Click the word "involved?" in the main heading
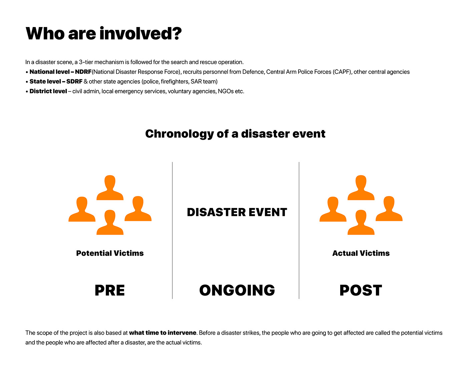pyautogui.click(x=140, y=34)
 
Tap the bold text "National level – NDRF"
pyautogui.click(x=60, y=72)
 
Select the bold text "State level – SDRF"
pyautogui.click(x=56, y=81)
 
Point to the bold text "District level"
pyautogui.click(x=48, y=91)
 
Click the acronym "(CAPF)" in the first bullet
pyautogui.click(x=342, y=72)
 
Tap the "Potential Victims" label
pyautogui.click(x=110, y=253)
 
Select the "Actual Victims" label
pyautogui.click(x=361, y=253)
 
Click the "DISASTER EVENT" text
pyautogui.click(x=237, y=212)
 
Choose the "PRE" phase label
pyautogui.click(x=110, y=290)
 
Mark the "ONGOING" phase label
pyautogui.click(x=237, y=290)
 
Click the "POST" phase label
pyautogui.click(x=361, y=290)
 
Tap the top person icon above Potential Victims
pyautogui.click(x=110, y=189)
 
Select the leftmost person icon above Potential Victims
pyautogui.click(x=82, y=210)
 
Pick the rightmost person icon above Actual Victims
pyautogui.click(x=389, y=210)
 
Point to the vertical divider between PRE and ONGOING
pyautogui.click(x=172, y=230)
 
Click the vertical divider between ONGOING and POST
pyautogui.click(x=299, y=230)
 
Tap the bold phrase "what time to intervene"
pyautogui.click(x=162, y=333)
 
